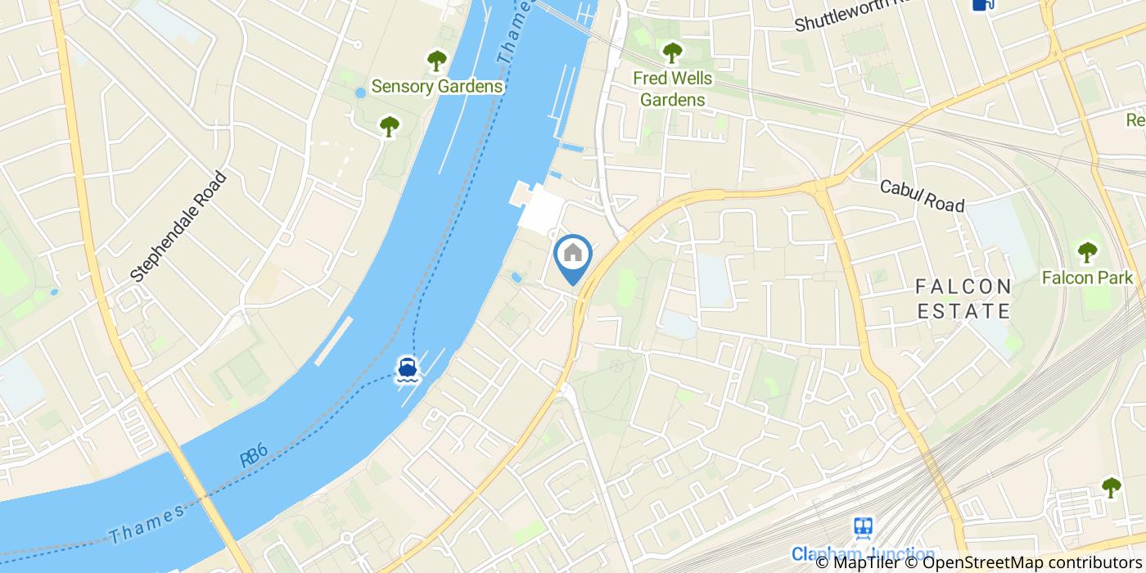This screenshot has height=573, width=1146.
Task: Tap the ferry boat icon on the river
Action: coord(407,369)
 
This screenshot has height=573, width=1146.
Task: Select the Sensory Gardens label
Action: coord(436,86)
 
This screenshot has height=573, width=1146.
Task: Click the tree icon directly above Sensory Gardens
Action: coord(436,60)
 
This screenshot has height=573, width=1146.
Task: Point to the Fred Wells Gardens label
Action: coord(672,89)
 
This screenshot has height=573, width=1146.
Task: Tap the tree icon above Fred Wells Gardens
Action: coord(672,53)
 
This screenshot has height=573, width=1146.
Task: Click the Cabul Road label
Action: coord(922,196)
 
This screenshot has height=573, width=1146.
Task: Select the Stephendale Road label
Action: coord(178,227)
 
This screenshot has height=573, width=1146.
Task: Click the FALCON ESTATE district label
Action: coord(963,299)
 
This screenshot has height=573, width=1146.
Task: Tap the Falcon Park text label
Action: coord(1087,277)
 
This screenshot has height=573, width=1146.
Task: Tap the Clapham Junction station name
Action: coord(863,554)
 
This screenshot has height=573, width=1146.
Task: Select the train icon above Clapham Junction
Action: coord(863,528)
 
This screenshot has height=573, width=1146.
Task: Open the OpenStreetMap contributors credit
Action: coord(1032,562)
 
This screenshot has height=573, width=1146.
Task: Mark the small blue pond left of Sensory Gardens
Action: coord(360,93)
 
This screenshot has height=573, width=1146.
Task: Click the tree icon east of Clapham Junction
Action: coord(1111,487)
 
